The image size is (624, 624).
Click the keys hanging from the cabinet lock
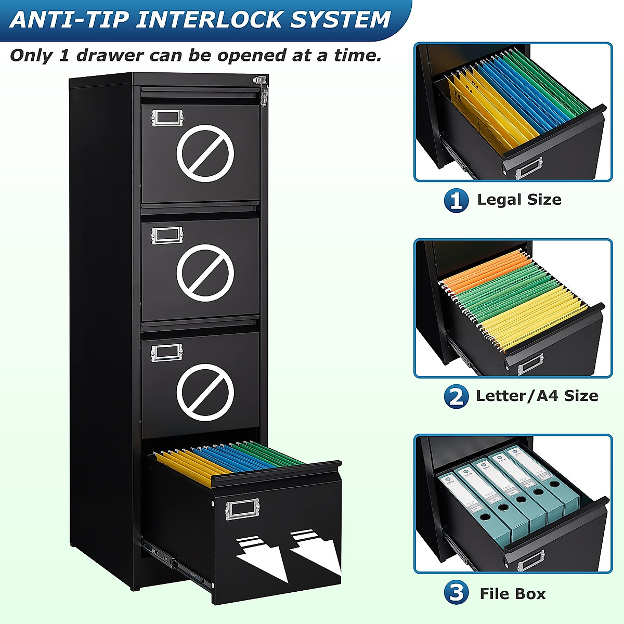point(263,92)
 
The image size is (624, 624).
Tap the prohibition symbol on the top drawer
point(205,153)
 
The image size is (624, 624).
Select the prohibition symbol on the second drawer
point(205,272)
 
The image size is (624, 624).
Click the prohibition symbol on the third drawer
point(205,392)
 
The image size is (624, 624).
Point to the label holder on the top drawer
point(167,118)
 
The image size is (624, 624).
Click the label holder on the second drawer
point(167,235)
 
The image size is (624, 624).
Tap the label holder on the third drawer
point(166,353)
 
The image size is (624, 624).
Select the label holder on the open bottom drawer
point(242,509)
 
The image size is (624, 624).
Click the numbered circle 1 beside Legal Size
point(456,200)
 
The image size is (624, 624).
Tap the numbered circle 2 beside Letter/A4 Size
point(456,397)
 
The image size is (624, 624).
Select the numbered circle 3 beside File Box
point(456,593)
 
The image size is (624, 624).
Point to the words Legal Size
point(519,200)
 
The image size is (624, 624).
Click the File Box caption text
point(512,593)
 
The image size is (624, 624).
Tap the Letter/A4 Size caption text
point(537,396)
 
